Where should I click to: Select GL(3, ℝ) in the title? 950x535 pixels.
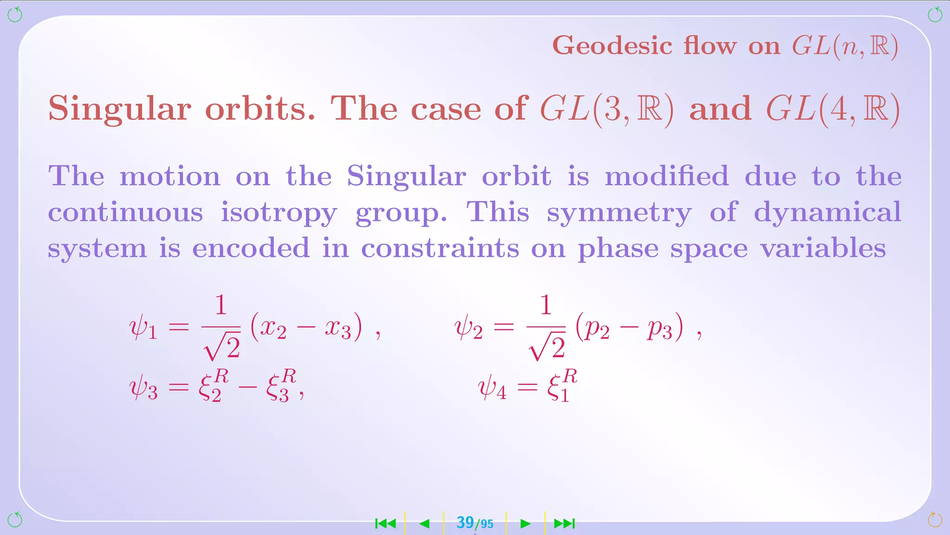(607, 110)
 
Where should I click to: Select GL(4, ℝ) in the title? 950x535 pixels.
(833, 110)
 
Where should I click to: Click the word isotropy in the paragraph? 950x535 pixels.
(279, 213)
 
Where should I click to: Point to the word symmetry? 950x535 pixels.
(619, 213)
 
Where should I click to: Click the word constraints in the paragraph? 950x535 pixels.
(440, 248)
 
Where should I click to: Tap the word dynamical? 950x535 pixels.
(828, 213)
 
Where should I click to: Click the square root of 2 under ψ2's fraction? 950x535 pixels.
(547, 347)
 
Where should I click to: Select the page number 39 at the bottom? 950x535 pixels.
(465, 522)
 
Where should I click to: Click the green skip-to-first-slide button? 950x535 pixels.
(385, 524)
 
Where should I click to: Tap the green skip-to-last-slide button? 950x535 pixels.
(565, 524)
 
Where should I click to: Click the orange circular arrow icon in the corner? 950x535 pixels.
(934, 520)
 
